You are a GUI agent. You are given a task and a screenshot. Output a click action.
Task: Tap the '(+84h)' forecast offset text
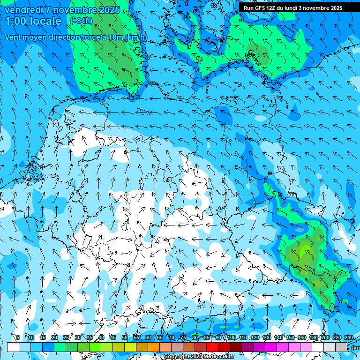coord(81,21)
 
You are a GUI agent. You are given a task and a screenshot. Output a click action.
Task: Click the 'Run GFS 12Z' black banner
coord(292,8)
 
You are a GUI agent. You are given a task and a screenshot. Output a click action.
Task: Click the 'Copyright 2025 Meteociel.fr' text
coord(200,357)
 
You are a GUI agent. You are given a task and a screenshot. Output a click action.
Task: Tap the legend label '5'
coord(18,337)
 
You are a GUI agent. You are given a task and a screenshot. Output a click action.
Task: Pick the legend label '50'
coord(125,337)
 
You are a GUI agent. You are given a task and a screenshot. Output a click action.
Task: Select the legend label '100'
coord(231,337)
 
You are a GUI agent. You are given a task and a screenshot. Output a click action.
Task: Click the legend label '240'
coord(349,337)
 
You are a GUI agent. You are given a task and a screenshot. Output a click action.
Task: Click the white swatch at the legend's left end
coord(13,347)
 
